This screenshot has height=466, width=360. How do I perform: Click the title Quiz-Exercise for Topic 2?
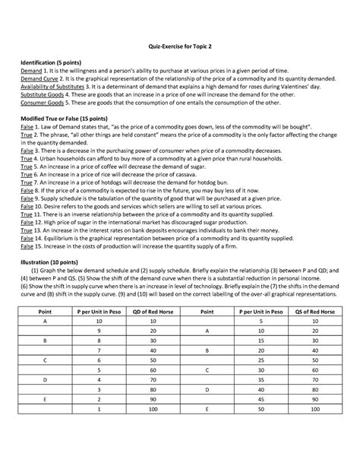click(x=179, y=45)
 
